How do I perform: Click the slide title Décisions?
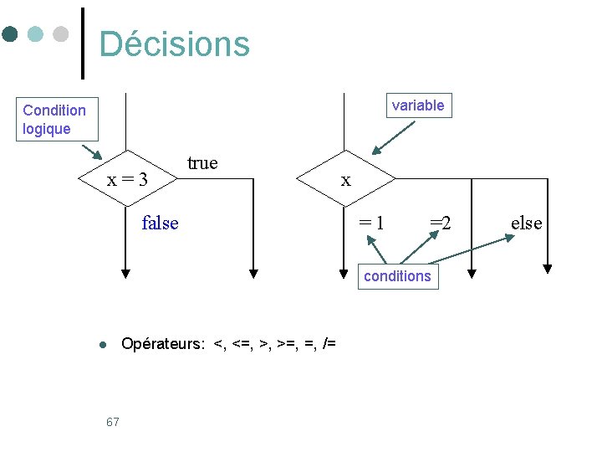pos(174,44)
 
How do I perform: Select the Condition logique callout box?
pos(55,120)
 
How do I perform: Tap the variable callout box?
pos(418,105)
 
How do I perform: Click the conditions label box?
pos(397,276)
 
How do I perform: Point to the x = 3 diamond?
pos(127,179)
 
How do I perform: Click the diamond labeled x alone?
pos(345,179)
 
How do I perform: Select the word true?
pos(202,162)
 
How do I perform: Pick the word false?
pos(160,223)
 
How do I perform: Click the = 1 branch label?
pos(372,223)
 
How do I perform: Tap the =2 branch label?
pos(441,223)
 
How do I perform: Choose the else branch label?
pos(526,223)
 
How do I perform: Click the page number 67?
pos(113,422)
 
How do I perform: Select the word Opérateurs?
pos(162,344)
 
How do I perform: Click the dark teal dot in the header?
pos(10,34)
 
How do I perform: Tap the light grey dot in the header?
pos(60,34)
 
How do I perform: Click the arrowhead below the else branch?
pos(548,269)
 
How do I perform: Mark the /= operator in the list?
pos(329,344)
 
